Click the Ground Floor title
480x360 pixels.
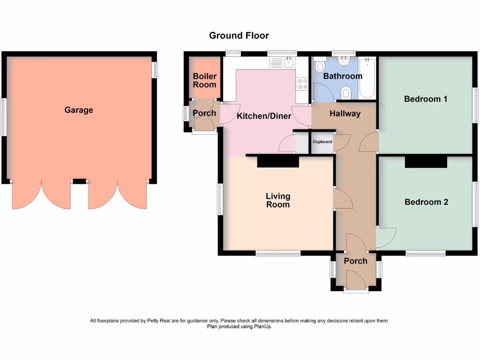click(x=239, y=36)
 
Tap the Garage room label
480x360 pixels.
click(x=79, y=110)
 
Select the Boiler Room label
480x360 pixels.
click(x=204, y=80)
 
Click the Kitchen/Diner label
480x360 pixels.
click(x=264, y=116)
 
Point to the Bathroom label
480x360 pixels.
click(x=343, y=76)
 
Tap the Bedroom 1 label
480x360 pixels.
click(x=426, y=99)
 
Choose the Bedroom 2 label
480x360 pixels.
click(x=426, y=202)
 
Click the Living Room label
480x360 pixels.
click(x=278, y=200)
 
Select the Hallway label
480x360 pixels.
click(x=345, y=113)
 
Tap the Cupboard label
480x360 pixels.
click(x=322, y=142)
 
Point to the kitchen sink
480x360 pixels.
click(x=289, y=63)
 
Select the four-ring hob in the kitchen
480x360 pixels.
click(x=302, y=84)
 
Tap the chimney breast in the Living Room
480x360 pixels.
click(x=278, y=162)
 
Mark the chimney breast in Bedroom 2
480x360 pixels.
click(x=426, y=162)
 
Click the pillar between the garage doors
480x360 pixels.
click(x=79, y=181)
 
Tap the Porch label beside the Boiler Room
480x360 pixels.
click(x=204, y=113)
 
